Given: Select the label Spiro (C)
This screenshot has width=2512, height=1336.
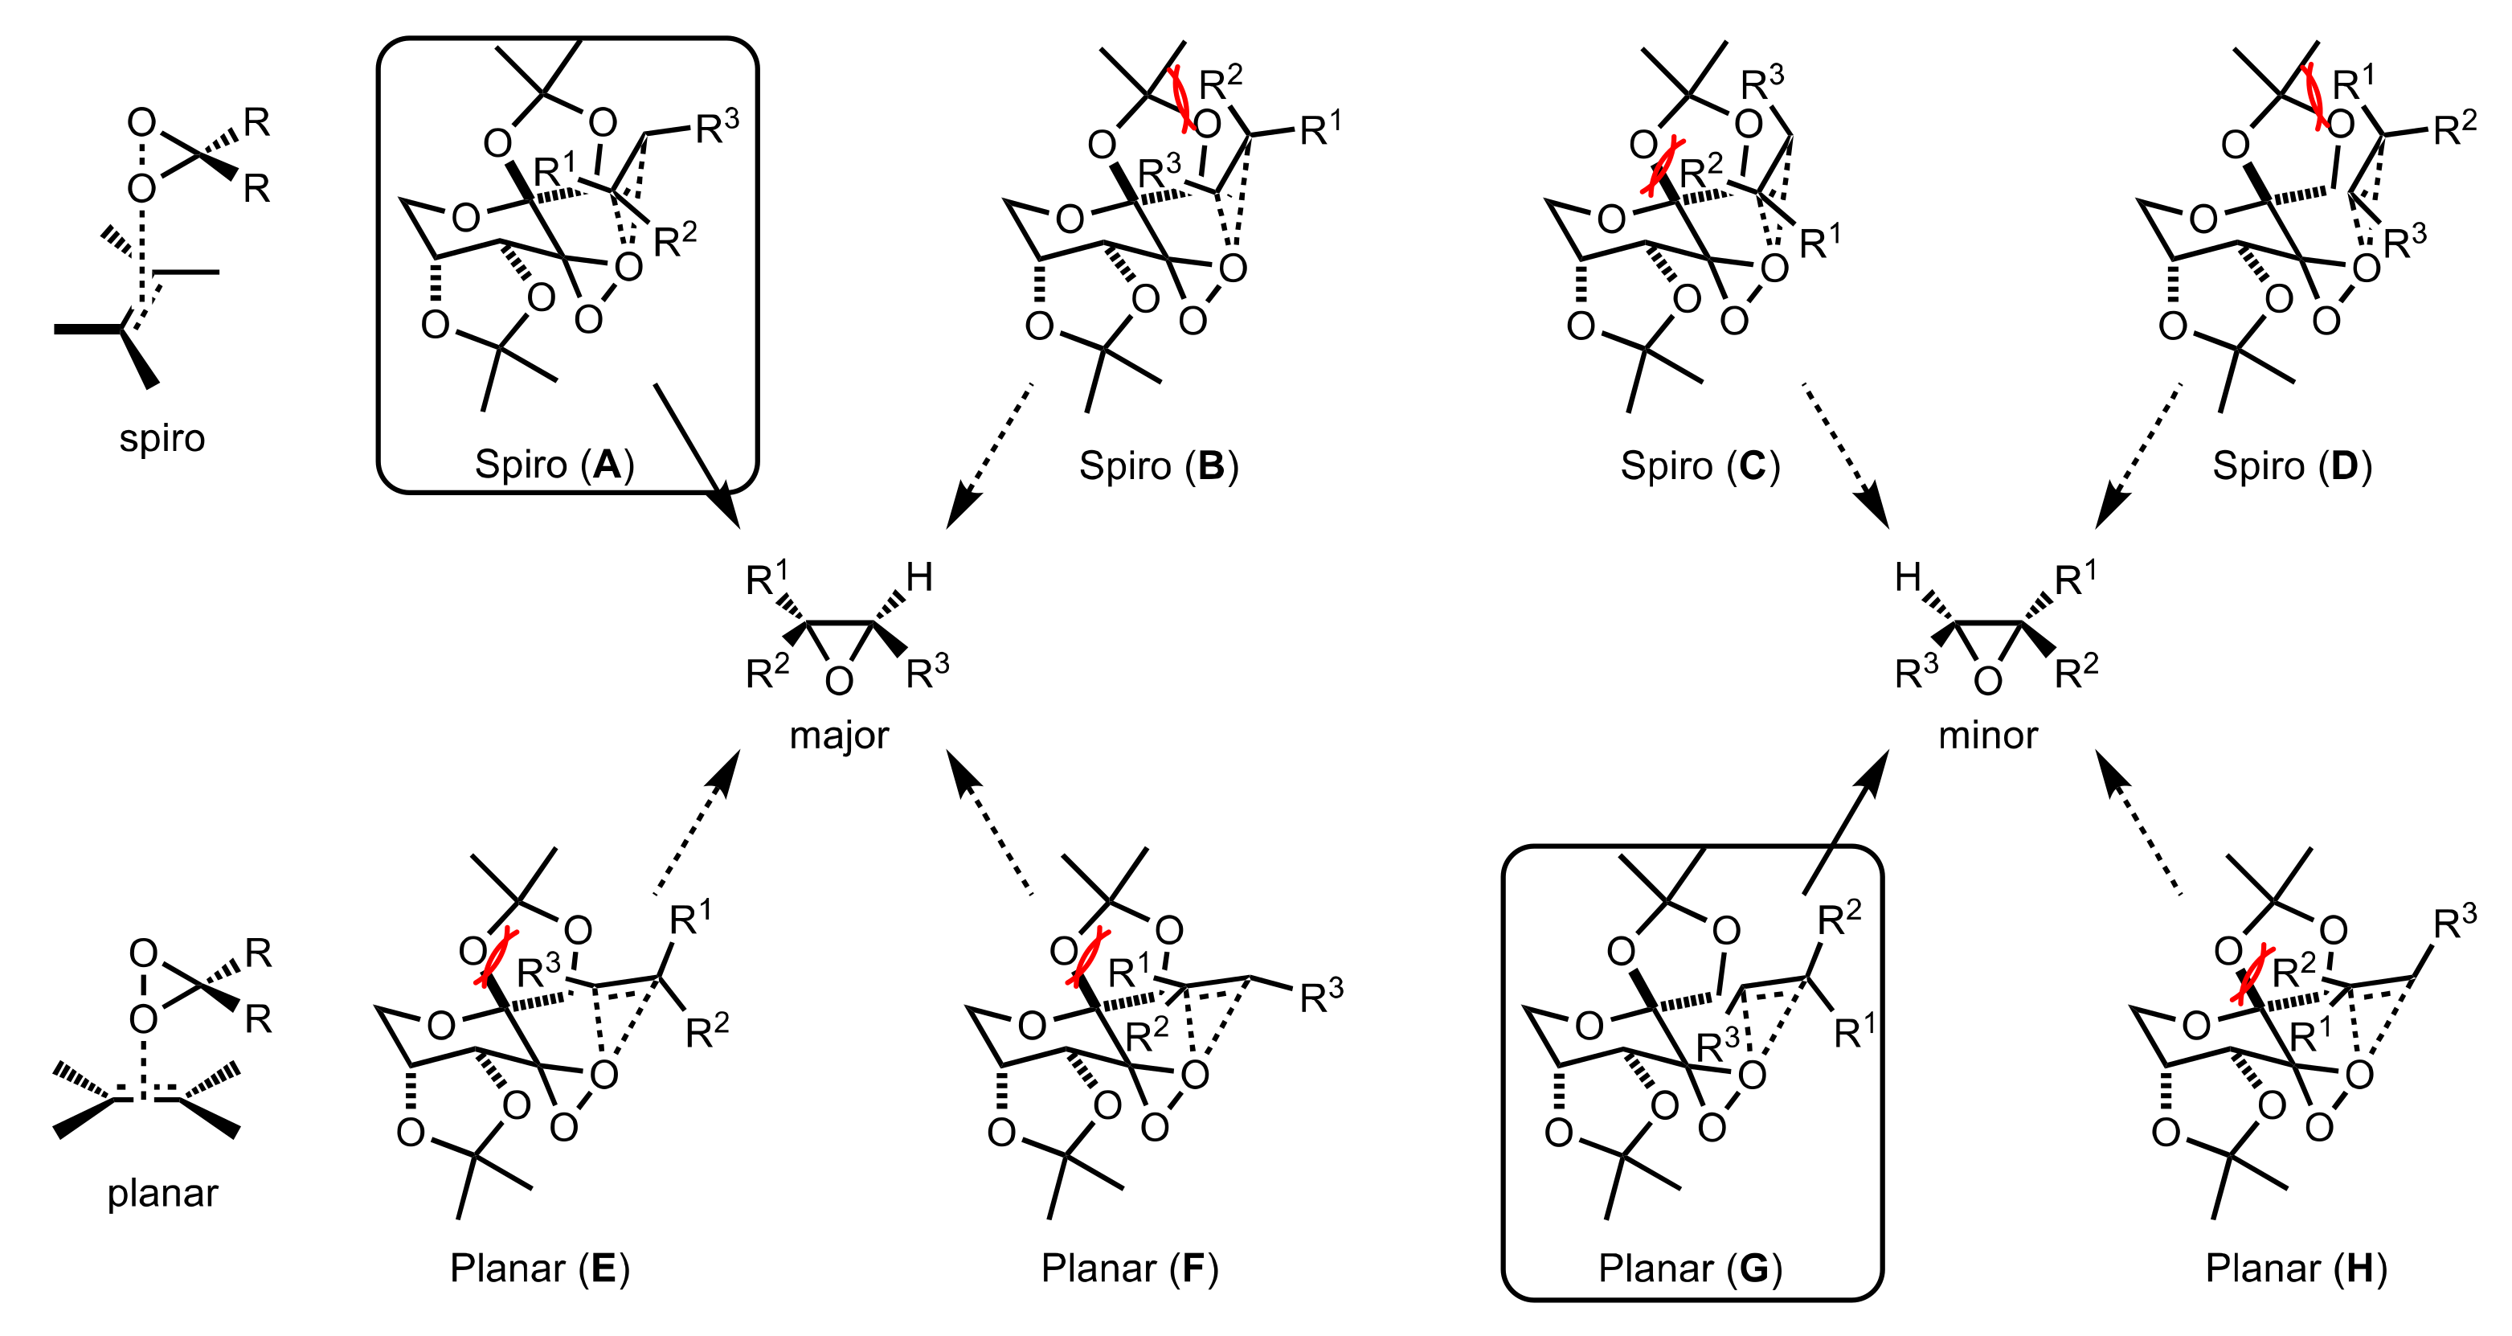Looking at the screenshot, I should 1700,465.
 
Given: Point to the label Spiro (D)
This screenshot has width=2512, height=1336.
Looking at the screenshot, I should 2292,465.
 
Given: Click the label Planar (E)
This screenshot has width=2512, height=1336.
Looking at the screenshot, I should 539,1268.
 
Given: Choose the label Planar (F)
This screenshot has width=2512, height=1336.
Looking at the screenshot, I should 1129,1268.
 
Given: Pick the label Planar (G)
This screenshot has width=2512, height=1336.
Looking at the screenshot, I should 1690,1268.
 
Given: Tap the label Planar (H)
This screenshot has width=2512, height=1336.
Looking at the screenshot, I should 2296,1268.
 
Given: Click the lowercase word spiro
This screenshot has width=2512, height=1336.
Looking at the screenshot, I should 162,438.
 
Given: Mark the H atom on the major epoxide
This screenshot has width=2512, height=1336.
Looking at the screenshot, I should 918,577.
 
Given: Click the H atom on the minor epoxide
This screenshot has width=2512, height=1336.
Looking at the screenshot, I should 1909,577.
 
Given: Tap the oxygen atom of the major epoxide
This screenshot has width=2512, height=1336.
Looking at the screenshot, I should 839,681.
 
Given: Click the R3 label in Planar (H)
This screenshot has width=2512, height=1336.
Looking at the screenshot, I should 2453,924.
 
